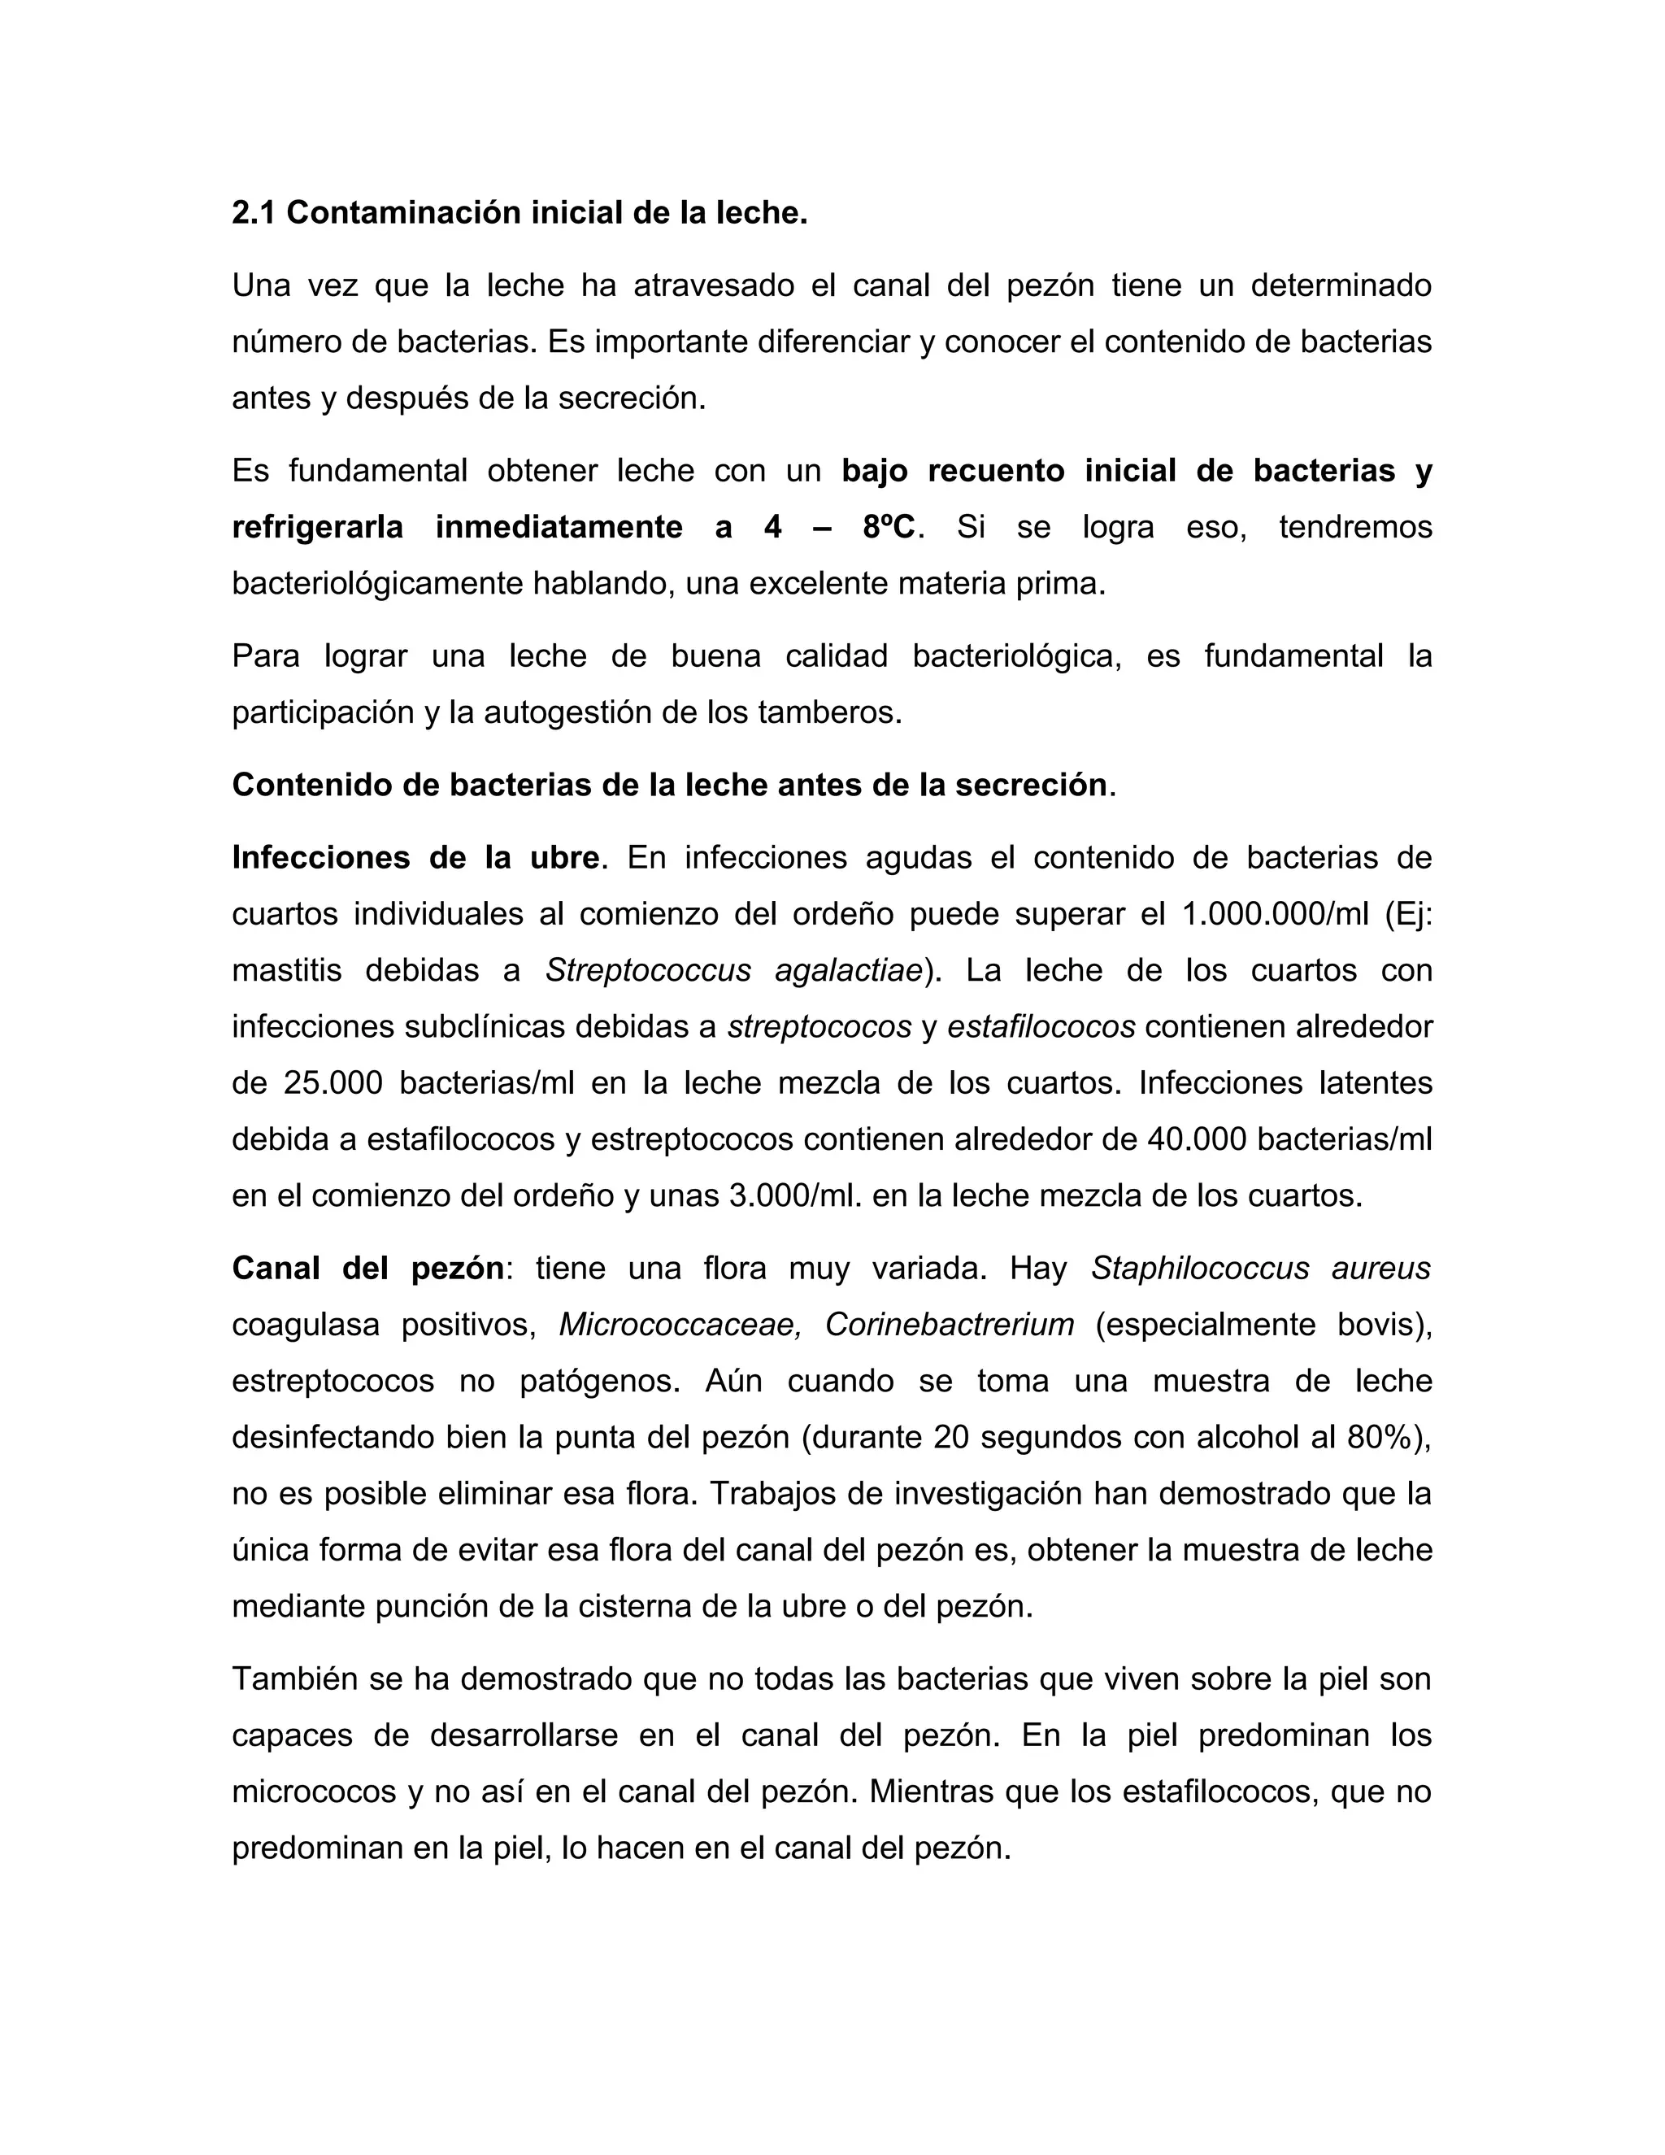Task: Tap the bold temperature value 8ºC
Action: tap(888, 528)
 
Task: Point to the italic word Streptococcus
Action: tap(648, 971)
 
